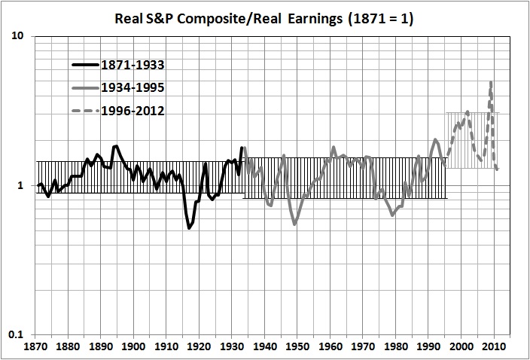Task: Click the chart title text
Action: pyautogui.click(x=265, y=17)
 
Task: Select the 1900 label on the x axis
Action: pyautogui.click(x=133, y=348)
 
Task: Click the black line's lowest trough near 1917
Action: pyautogui.click(x=189, y=227)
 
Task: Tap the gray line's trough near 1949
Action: pyautogui.click(x=294, y=224)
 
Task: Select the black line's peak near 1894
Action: pyautogui.click(x=116, y=146)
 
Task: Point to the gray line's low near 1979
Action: pyautogui.click(x=392, y=215)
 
